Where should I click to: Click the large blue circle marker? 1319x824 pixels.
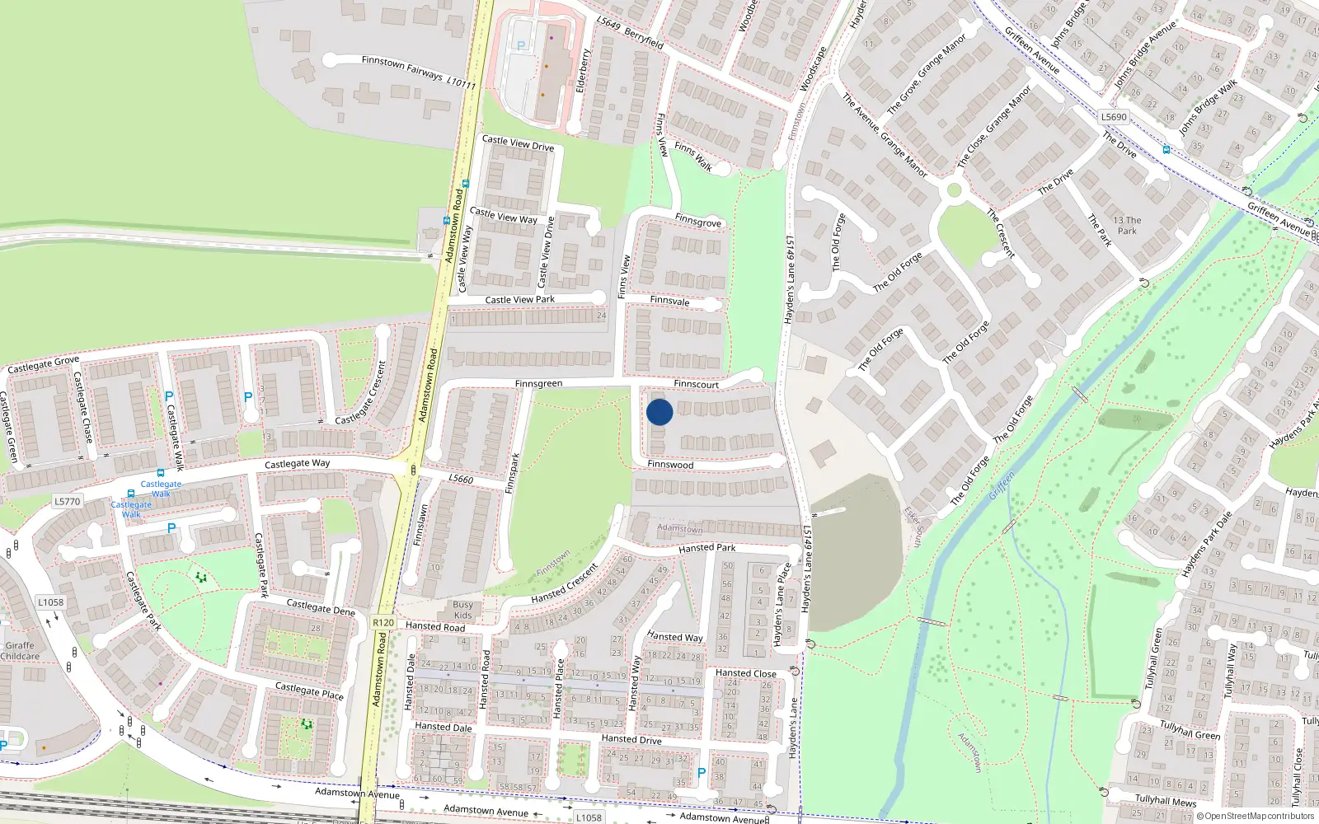tap(659, 412)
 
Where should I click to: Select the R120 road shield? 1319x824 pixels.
tap(383, 623)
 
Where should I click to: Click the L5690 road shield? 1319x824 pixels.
tap(1114, 117)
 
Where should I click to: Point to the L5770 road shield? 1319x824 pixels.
tap(68, 501)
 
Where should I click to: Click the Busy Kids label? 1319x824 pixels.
tap(462, 610)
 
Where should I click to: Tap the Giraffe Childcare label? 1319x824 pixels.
tap(20, 651)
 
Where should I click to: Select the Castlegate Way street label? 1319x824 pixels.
tap(297, 464)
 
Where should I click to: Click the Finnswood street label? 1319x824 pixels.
tap(670, 465)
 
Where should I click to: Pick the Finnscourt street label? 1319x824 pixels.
tap(696, 384)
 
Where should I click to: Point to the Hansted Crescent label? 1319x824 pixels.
tap(565, 583)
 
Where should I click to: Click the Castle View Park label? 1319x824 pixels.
tap(519, 300)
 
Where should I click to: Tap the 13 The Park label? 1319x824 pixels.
tap(1127, 225)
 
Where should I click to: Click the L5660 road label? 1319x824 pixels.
tap(461, 479)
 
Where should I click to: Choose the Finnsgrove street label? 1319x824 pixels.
tap(697, 221)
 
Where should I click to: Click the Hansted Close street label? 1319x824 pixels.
tap(745, 673)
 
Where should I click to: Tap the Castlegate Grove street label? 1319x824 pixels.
tap(44, 364)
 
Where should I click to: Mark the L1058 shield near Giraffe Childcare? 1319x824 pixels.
tap(50, 602)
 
